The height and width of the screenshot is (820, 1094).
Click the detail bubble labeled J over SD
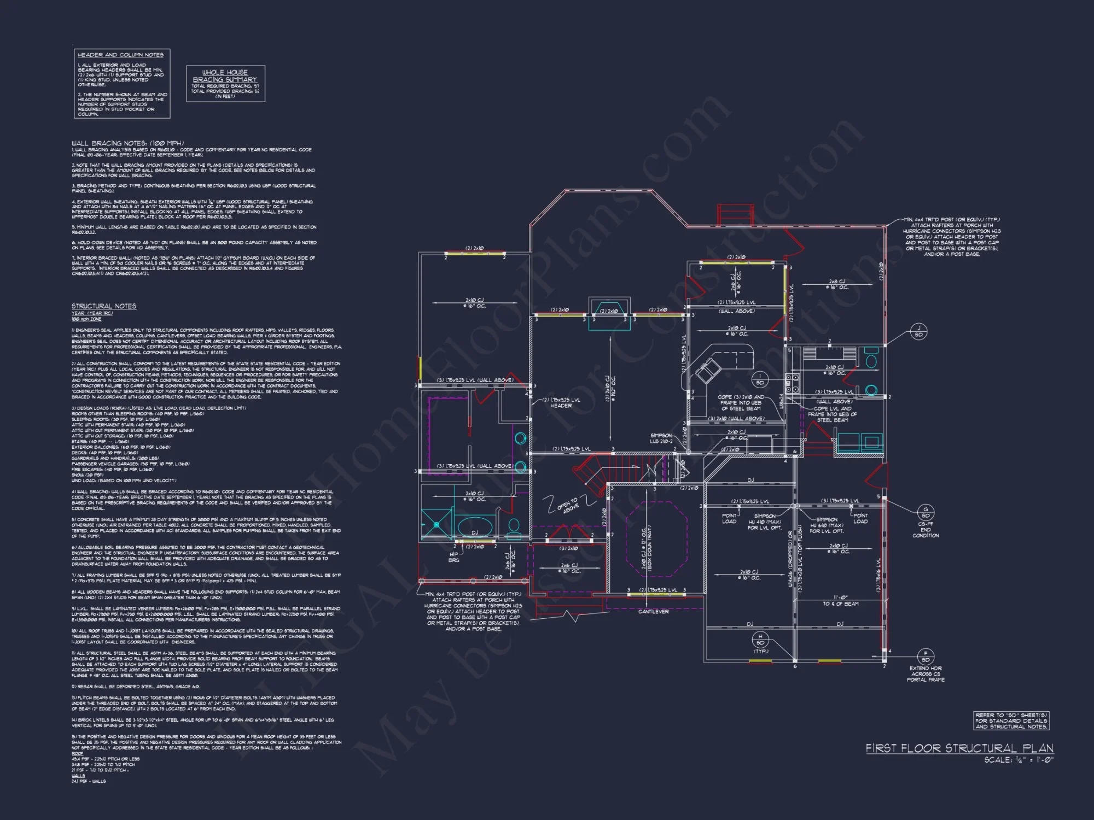coord(918,331)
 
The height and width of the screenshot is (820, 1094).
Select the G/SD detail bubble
coord(926,512)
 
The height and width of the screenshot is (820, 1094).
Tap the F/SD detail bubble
coord(926,657)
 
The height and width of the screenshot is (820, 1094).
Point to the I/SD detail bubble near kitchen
coord(760,379)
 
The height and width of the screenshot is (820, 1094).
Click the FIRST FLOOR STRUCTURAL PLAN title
coord(959,748)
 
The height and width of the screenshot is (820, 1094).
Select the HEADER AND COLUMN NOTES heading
coord(120,55)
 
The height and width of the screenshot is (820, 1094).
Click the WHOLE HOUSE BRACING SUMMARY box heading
coord(225,75)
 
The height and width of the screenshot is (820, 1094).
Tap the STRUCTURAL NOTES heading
coord(104,306)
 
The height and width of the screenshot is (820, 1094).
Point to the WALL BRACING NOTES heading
coord(127,143)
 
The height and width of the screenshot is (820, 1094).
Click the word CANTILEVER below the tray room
coord(653,612)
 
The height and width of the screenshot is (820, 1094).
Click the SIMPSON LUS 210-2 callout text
coord(661,438)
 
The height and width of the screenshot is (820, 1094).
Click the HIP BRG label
coord(454,557)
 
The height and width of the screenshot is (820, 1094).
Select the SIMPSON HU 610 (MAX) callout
coord(827,525)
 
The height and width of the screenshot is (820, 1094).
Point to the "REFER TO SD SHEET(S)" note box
coord(1011,721)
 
